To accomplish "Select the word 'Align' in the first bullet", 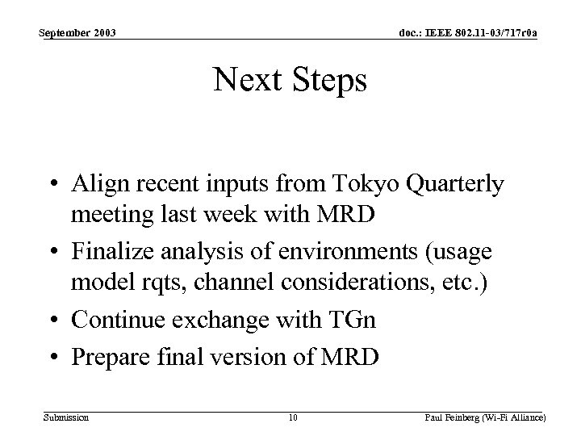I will (x=96, y=186).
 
